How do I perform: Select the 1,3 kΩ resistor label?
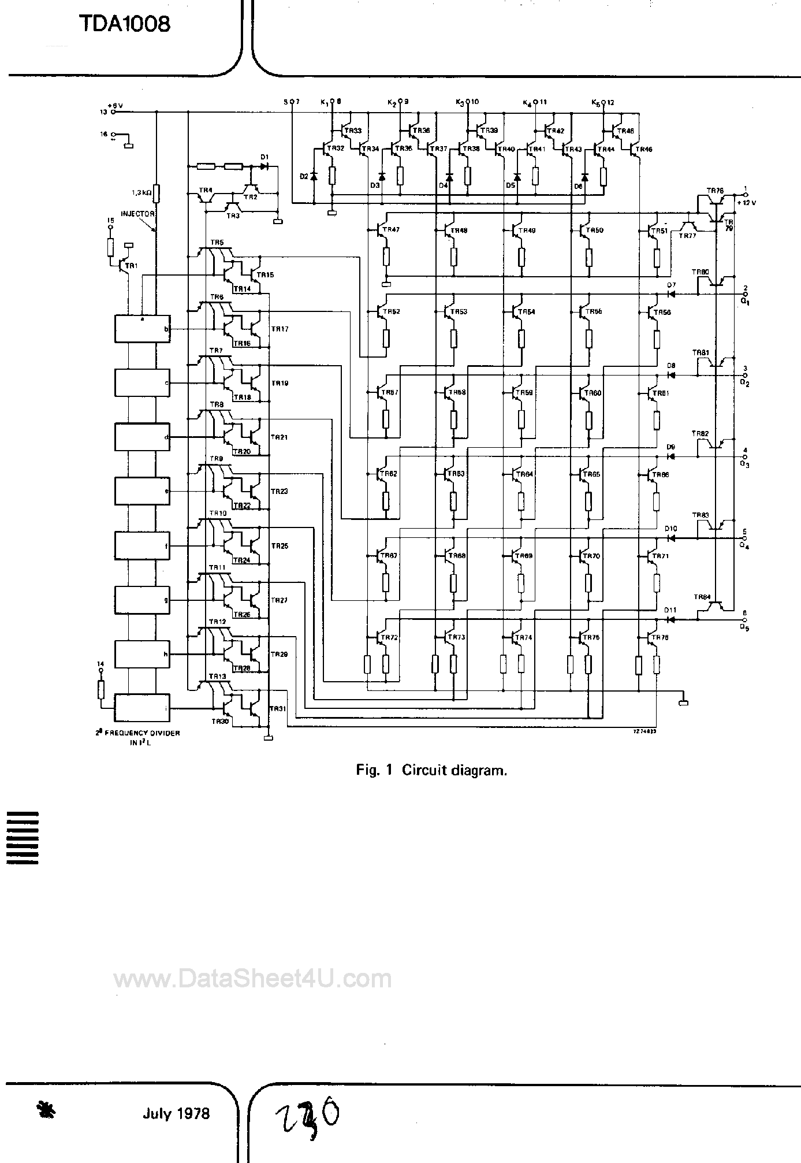(x=141, y=191)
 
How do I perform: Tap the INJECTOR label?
(x=137, y=214)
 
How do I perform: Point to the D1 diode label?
(x=264, y=157)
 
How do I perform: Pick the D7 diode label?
(x=671, y=285)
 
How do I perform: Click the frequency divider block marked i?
(x=142, y=707)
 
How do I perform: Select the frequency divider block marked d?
(x=142, y=437)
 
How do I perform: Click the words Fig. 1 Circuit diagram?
(x=431, y=770)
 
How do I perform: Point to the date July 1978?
(x=176, y=1113)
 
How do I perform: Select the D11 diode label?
(x=670, y=610)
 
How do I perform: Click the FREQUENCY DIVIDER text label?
(x=138, y=733)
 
